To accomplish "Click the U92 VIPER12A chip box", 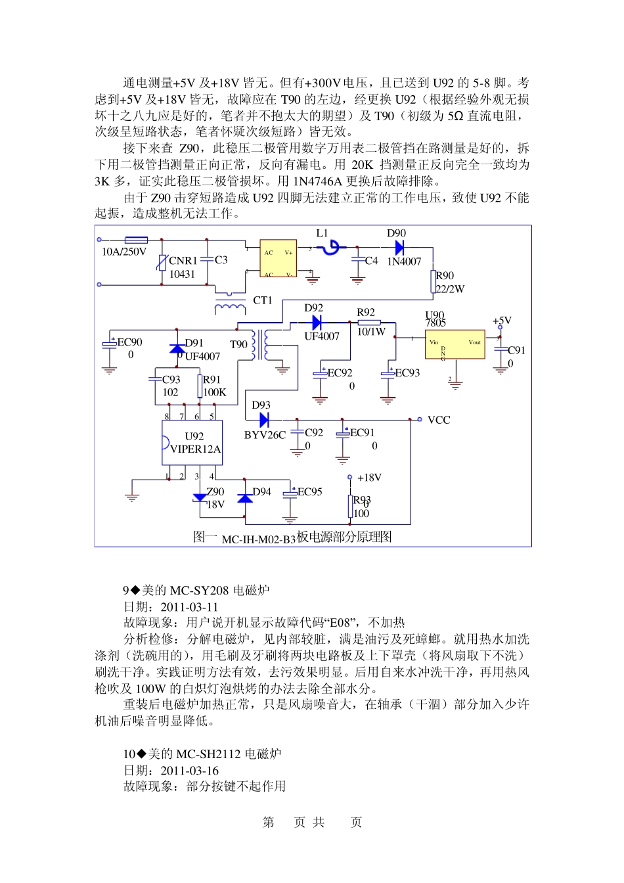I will (x=192, y=443).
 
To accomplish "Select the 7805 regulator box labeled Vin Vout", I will (x=455, y=344).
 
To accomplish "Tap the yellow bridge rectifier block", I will (x=279, y=258).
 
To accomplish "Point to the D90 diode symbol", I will (x=399, y=248).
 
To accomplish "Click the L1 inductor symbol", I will (x=332, y=247).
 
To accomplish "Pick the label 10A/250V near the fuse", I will (x=124, y=252).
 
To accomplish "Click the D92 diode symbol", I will (x=317, y=322).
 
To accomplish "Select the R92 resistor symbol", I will (x=369, y=322).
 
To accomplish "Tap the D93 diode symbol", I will (x=264, y=419).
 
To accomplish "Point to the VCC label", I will (x=439, y=420).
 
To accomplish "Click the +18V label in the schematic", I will (x=369, y=478).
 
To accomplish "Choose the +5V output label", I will (x=502, y=321).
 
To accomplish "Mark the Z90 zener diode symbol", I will (x=200, y=498).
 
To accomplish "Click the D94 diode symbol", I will (x=244, y=498).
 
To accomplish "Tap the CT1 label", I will (x=263, y=300).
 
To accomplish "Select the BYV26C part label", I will (x=265, y=435).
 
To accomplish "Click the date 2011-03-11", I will (x=189, y=607).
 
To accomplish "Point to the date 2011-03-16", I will (x=190, y=771).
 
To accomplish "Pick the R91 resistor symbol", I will (x=199, y=386).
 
